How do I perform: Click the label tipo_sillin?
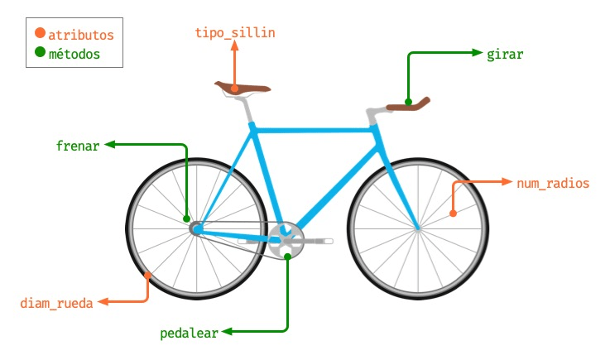pos(235,33)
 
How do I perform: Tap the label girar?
pos(505,54)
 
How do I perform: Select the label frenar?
pos(78,146)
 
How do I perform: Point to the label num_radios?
pos(553,183)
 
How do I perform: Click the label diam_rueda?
pos(57,302)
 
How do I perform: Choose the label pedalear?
pos(189,334)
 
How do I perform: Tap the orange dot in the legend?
pos(40,35)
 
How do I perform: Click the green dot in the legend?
pos(40,54)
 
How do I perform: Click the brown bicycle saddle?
pos(243,88)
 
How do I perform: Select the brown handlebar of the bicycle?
pos(411,105)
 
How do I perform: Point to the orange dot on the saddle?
pos(235,89)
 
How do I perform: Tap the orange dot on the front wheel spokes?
pos(453,214)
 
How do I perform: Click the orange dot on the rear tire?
pos(148,275)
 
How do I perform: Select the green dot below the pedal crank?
pos(287,257)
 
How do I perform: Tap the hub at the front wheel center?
pos(418,227)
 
